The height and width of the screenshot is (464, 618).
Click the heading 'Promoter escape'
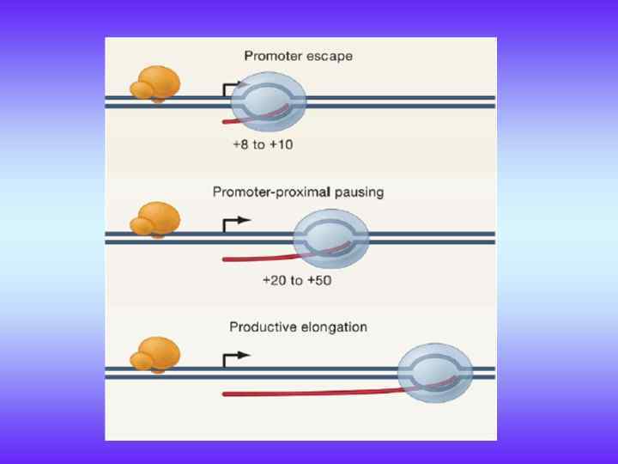pos(298,57)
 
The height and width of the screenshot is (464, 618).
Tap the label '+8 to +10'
pos(262,144)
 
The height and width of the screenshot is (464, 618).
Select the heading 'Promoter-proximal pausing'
pos(298,192)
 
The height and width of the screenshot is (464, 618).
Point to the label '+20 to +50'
pos(298,280)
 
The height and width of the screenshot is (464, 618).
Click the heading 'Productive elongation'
pos(298,327)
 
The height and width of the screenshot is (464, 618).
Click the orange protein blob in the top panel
pos(155,83)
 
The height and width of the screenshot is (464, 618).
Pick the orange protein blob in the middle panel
pos(155,219)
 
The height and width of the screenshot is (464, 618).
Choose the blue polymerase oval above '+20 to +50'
pos(331,237)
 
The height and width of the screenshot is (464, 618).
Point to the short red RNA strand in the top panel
pos(249,119)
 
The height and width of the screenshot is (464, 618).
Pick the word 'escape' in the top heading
pos(330,57)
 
